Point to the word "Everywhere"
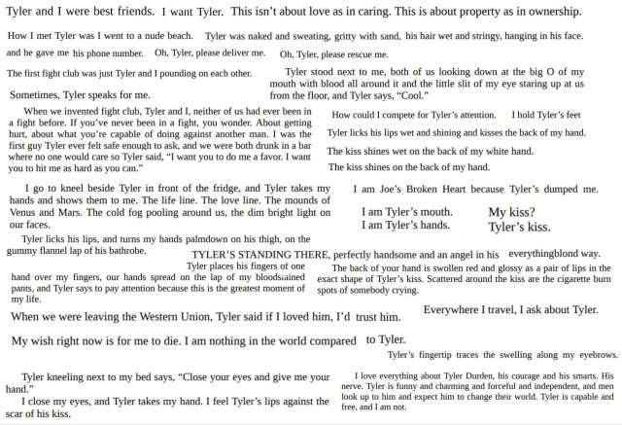point(458,309)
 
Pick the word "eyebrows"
point(592,356)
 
